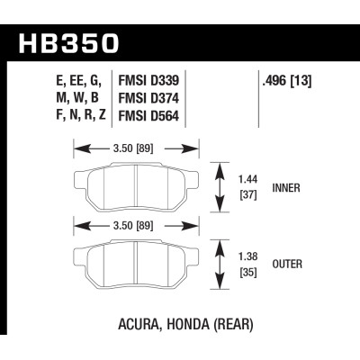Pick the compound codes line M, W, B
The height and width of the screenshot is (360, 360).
point(78,100)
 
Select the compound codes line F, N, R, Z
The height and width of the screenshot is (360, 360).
point(78,116)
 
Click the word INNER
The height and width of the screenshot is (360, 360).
point(286,189)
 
